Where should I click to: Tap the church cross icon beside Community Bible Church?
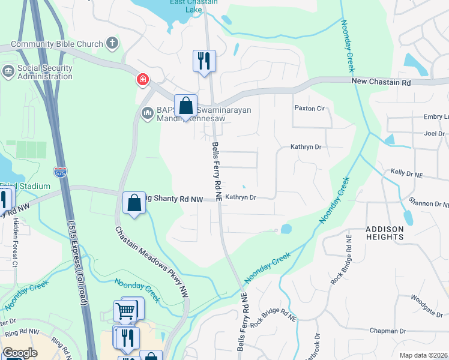pos(112,43)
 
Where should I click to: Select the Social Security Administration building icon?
pos(8,72)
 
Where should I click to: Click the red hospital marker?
pos(142,79)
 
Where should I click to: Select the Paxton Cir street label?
pos(309,109)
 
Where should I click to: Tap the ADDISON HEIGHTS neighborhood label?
pos(384,233)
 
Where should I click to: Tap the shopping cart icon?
pos(124,311)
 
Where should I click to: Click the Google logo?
pos(20,353)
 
